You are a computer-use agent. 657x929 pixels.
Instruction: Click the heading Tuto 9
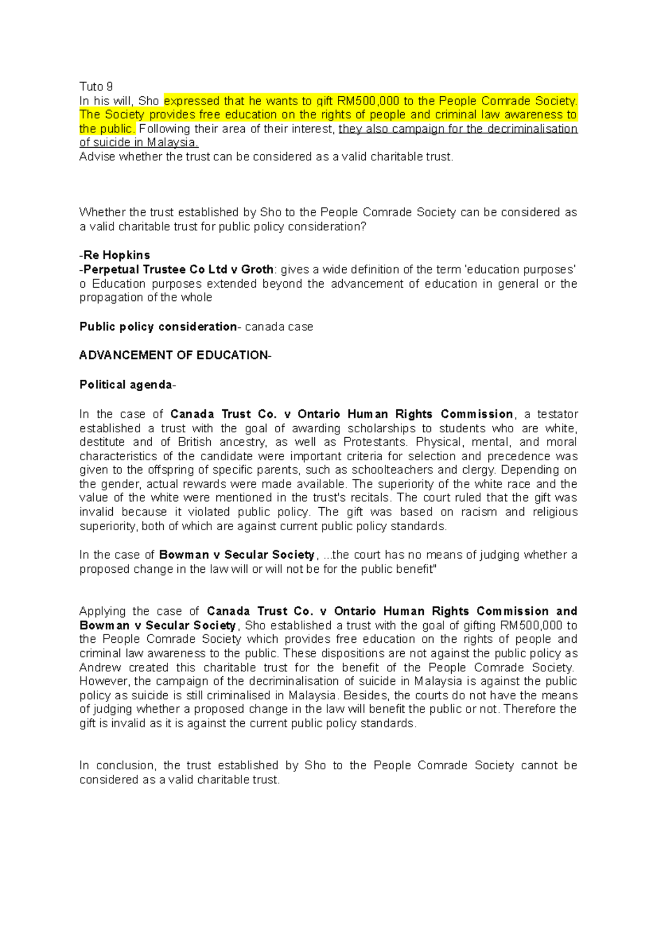click(96, 86)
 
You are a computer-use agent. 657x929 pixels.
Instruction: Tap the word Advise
click(97, 157)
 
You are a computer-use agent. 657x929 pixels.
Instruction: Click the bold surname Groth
click(257, 270)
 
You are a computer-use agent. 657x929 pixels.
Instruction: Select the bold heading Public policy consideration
click(158, 327)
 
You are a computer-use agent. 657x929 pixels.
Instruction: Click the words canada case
click(279, 327)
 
